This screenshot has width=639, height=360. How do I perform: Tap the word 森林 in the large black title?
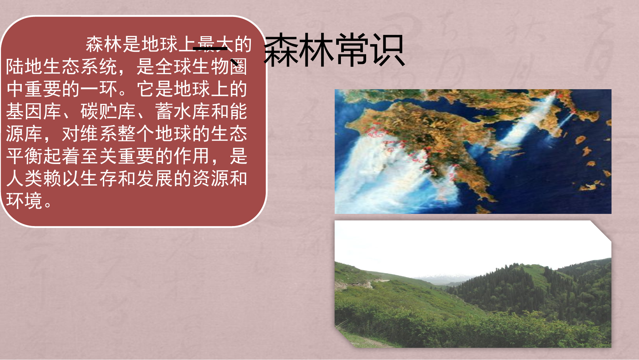pyautogui.click(x=299, y=51)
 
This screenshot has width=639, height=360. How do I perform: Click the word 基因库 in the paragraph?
pyautogui.click(x=34, y=112)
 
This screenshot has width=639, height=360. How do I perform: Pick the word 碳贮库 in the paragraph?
pyautogui.click(x=108, y=112)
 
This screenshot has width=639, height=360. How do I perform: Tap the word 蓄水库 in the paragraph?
pyautogui.click(x=182, y=112)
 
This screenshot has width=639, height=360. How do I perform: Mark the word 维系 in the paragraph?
pyautogui.click(x=89, y=134)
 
